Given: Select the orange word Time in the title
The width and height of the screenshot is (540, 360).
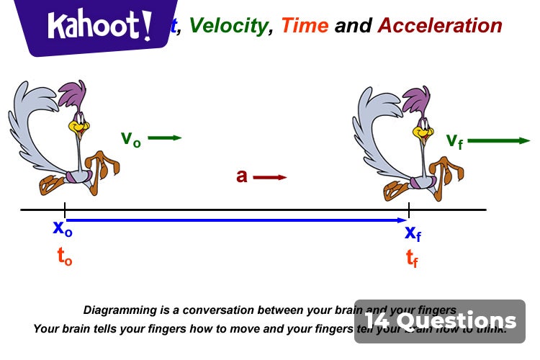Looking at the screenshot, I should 305,26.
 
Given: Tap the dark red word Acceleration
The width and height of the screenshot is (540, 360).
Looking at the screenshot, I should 440,26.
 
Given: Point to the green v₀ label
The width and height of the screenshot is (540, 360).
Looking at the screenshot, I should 130,138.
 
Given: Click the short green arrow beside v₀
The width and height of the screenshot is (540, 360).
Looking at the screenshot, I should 165,138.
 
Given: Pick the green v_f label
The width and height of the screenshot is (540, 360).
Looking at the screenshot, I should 454,140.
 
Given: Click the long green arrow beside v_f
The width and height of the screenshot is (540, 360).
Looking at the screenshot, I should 498,140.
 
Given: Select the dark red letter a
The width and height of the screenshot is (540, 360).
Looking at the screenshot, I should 242,176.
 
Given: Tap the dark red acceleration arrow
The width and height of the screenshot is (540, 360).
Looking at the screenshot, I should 270,176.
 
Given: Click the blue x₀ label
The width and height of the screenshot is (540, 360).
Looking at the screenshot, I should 63,228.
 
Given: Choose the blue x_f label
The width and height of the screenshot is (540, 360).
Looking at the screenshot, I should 413,233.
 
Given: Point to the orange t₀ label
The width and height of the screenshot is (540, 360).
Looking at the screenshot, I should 64,258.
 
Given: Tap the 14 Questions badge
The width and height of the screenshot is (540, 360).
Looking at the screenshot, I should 440,321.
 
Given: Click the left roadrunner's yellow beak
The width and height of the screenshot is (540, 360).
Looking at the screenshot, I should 76,128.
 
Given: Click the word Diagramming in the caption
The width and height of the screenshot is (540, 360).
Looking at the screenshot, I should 117,310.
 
